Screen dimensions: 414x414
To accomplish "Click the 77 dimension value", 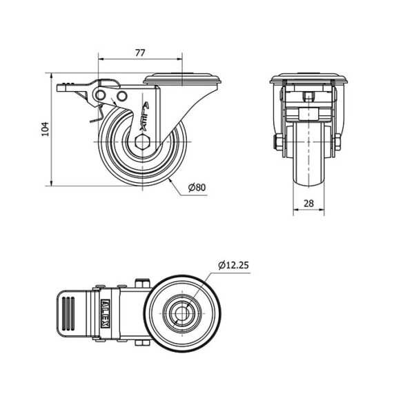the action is coord(140,53).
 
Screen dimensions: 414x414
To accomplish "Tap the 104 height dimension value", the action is coord(46,129).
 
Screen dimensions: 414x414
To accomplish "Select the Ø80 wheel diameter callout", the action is coord(197,187).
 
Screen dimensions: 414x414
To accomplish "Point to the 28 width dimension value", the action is coord(308,204).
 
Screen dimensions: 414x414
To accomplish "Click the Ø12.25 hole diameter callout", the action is coord(234,265).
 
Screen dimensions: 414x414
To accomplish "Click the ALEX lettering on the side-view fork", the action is coord(144,117).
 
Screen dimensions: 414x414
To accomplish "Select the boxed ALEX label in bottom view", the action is coord(106,313).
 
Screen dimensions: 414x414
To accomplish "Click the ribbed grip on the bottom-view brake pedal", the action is coord(68,313).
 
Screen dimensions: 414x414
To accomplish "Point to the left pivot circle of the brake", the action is coord(100,95).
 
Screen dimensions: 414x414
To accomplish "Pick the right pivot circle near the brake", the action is coord(122,96).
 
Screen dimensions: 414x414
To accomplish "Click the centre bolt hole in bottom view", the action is coord(182,313).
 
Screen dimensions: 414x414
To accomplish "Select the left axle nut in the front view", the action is coord(279,142).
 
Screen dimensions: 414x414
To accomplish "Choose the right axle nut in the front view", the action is coord(337,142).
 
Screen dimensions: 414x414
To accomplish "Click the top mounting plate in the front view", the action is coord(308,78).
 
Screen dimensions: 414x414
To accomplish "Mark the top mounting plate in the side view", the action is coord(182,79).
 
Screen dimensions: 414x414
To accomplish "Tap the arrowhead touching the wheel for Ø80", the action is coord(170,180).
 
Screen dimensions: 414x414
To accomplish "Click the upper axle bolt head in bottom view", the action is coord(142,284).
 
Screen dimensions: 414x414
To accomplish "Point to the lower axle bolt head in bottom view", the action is coord(142,343).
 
